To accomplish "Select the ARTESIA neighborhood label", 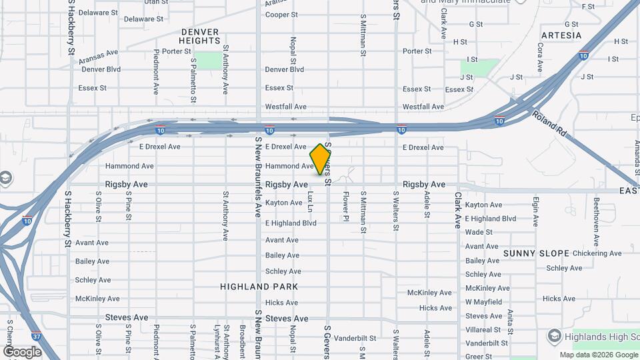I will click(561, 35).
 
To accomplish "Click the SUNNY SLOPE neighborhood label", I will click(537, 253).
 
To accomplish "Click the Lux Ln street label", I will click(310, 201).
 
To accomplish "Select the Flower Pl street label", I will click(346, 207).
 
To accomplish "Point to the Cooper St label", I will click(281, 15).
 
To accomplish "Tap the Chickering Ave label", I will click(597, 253).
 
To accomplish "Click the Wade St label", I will click(479, 232).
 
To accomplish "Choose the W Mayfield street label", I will click(483, 302).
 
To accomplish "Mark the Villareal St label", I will click(483, 330).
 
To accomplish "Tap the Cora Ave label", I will click(539, 58).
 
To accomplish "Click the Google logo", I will click(22, 351).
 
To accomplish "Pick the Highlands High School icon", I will click(553, 334).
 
